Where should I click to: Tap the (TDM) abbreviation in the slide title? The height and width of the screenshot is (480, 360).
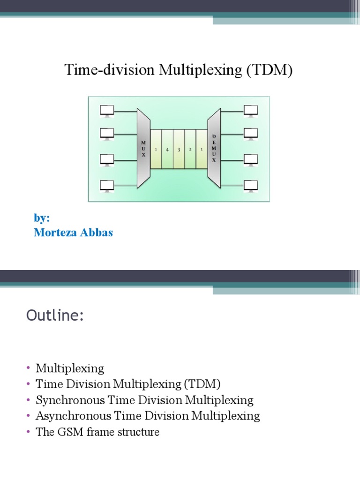point(268,71)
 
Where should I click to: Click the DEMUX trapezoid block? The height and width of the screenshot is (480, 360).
point(214,148)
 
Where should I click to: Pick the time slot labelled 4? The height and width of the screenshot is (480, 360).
point(167,149)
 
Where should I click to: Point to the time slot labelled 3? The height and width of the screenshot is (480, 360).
point(179,149)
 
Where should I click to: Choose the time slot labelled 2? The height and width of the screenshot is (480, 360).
point(190,149)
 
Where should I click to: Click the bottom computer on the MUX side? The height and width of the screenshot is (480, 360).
point(107,185)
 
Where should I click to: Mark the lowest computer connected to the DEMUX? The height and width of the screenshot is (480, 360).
point(250,185)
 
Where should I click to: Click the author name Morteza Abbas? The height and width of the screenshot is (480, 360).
point(73,232)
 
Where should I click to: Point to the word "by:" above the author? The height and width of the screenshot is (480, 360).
point(42,218)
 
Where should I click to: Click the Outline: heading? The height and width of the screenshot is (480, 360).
point(55,316)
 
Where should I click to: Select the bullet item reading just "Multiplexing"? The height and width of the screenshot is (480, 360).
point(70,368)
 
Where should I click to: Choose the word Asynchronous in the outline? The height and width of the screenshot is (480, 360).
point(68,416)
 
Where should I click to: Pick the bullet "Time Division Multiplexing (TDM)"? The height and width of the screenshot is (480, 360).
point(128,384)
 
